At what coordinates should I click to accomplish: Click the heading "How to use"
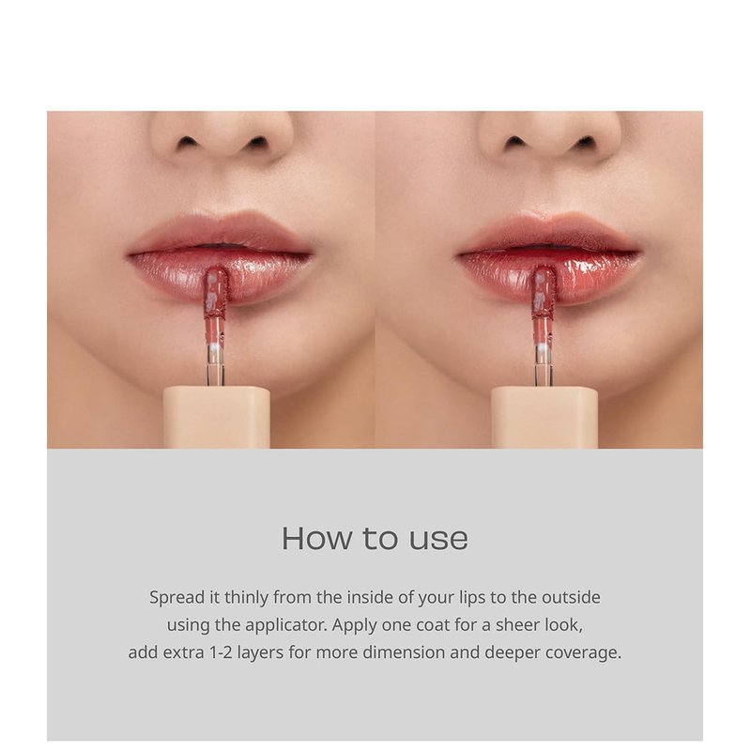coord(375,538)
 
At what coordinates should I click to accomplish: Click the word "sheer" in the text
coord(517,625)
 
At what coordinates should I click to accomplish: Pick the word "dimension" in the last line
coord(404,652)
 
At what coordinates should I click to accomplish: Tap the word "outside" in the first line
coord(571,597)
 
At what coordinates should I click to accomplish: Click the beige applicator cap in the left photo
coord(217,417)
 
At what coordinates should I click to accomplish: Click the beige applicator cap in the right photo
coord(544,417)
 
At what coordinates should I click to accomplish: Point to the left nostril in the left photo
coord(186,142)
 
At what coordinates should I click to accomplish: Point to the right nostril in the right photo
coord(585,143)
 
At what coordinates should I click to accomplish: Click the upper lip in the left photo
coord(221,232)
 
